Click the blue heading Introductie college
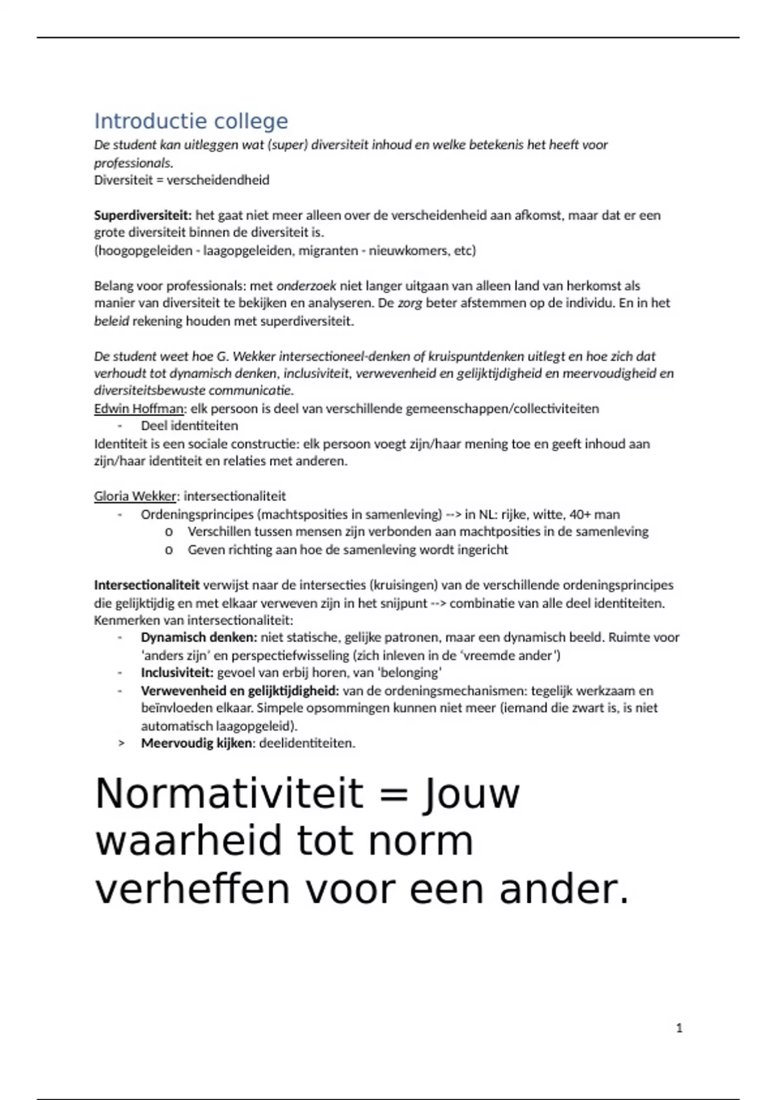(191, 121)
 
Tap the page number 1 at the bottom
(679, 1028)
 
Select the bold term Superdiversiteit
(142, 215)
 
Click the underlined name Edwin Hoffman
(139, 408)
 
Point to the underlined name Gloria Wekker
(135, 496)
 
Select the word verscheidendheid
(218, 180)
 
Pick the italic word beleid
(111, 321)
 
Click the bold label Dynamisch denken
(199, 637)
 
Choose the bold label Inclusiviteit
(177, 672)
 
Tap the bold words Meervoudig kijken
(196, 743)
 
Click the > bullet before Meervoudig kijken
(121, 743)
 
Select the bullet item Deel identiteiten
(189, 426)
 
